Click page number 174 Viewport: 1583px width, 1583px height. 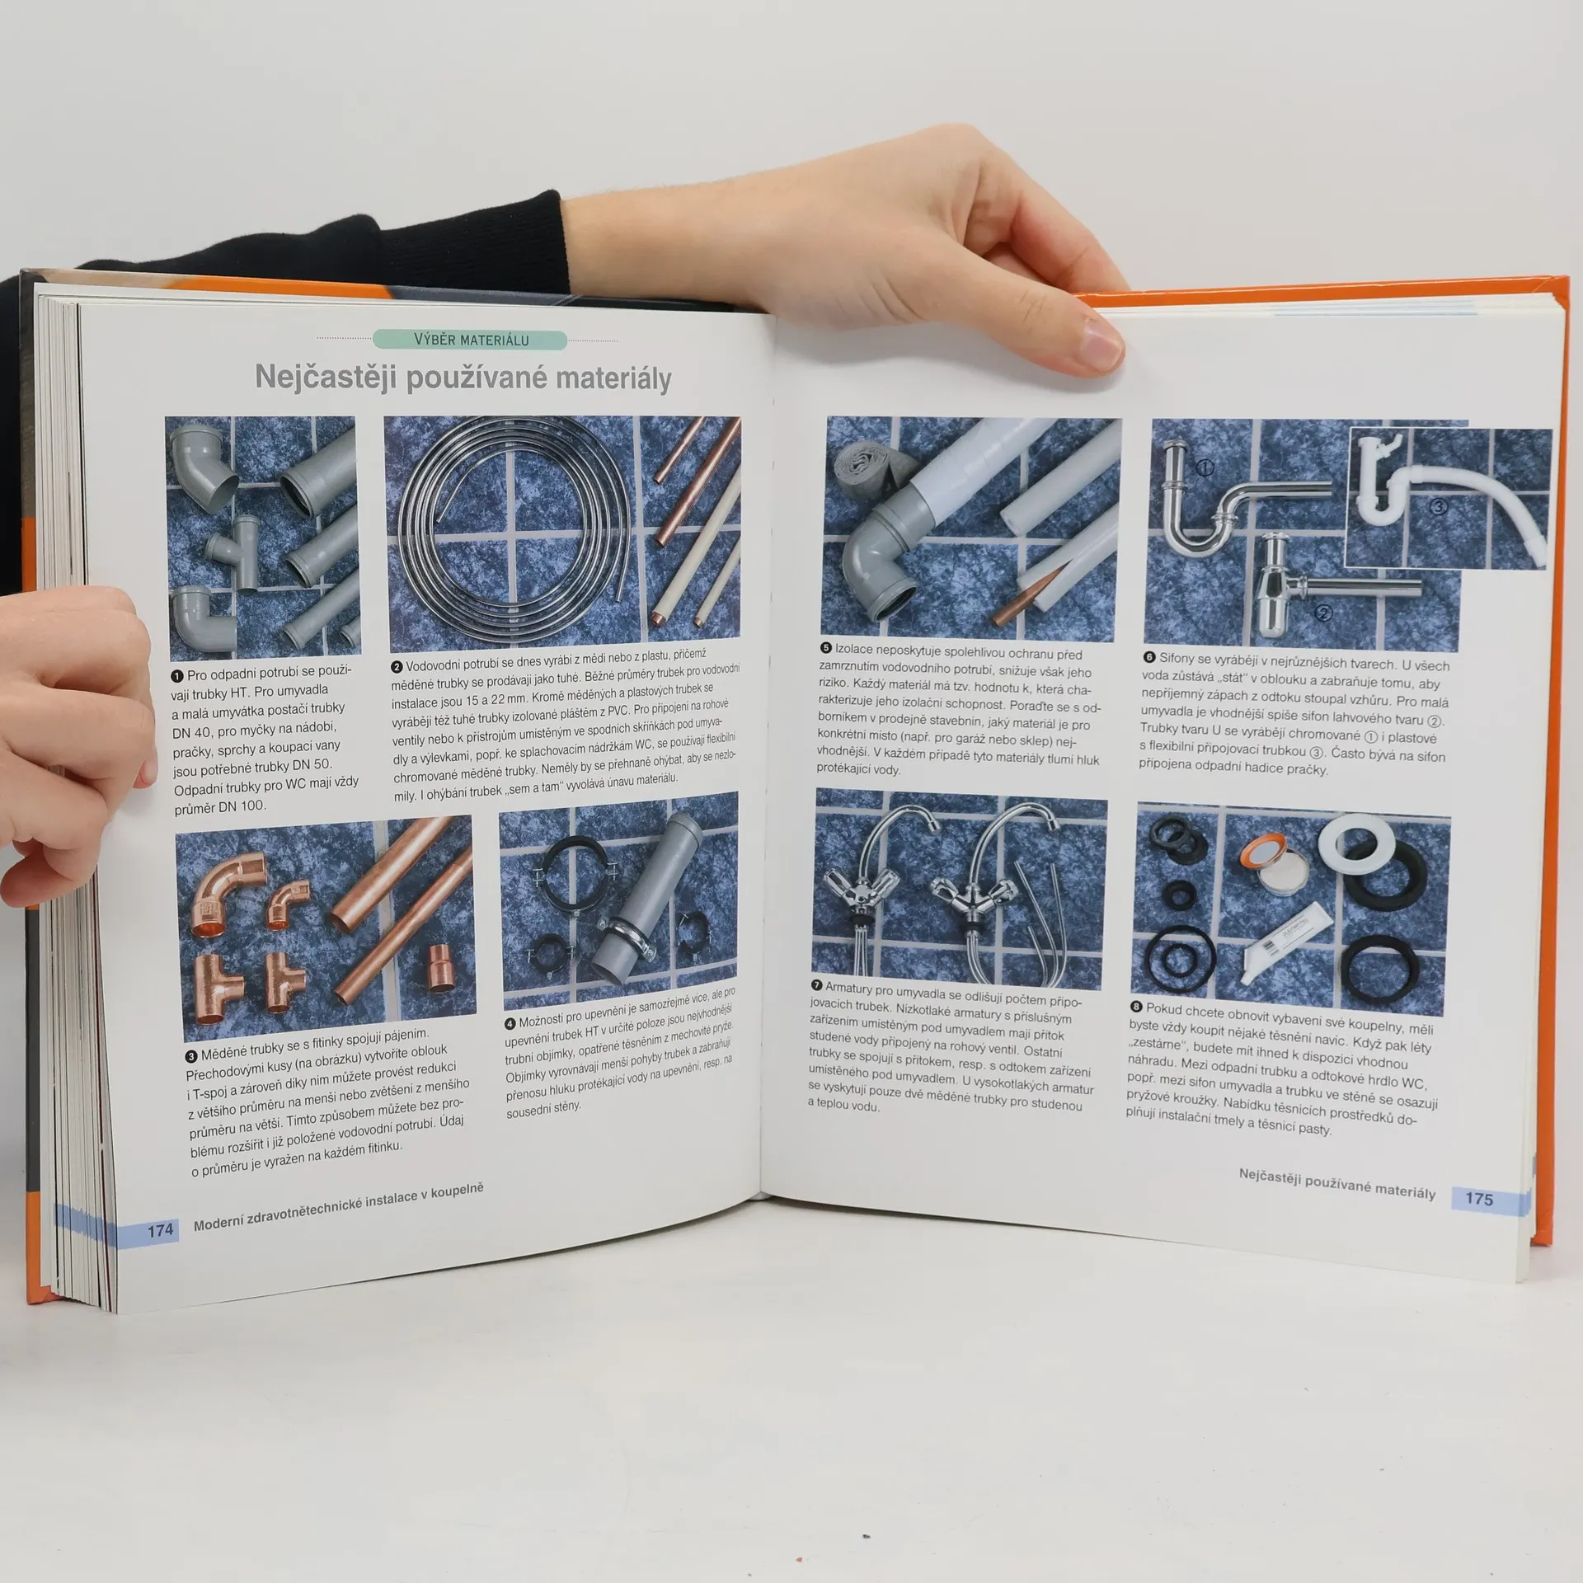(160, 1231)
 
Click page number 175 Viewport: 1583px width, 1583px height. (1479, 1199)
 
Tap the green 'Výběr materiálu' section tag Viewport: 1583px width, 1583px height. (471, 340)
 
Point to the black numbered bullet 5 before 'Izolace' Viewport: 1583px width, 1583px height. (826, 649)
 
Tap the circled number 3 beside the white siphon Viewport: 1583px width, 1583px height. (1438, 507)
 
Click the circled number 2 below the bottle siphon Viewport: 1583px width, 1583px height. (1324, 613)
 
